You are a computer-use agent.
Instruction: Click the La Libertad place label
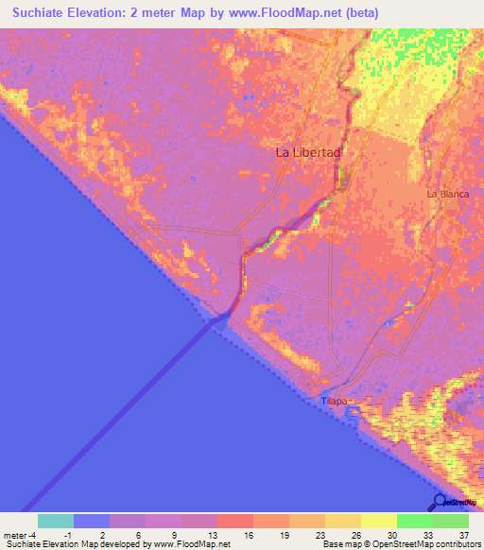click(307, 151)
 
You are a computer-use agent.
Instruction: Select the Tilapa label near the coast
click(336, 402)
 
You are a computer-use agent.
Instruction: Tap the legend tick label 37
click(463, 534)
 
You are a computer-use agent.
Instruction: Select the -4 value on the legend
click(33, 534)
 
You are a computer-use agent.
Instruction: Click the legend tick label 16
click(249, 534)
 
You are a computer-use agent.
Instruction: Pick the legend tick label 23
click(320, 534)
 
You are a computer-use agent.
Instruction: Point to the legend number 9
click(177, 534)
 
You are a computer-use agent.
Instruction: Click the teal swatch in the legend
click(56, 521)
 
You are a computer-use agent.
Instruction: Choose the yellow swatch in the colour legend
click(379, 521)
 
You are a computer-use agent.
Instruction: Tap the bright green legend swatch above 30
click(415, 521)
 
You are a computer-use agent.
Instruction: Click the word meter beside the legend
click(14, 534)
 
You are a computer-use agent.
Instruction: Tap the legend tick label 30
click(392, 534)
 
